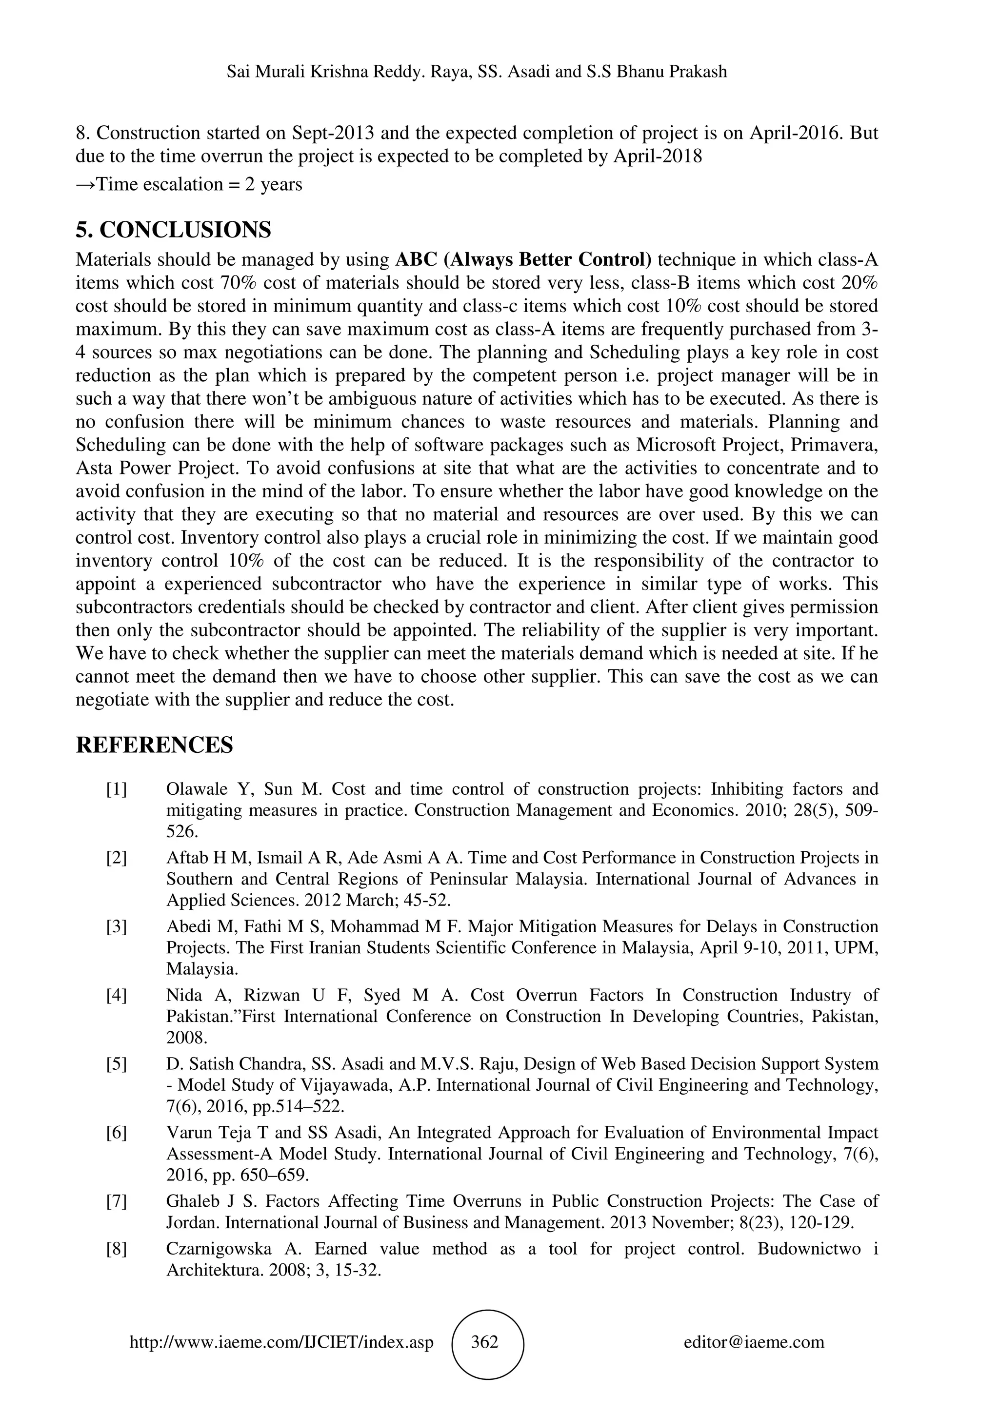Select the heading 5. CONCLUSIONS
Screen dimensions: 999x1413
click(x=173, y=230)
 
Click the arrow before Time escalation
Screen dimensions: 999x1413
click(x=85, y=185)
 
